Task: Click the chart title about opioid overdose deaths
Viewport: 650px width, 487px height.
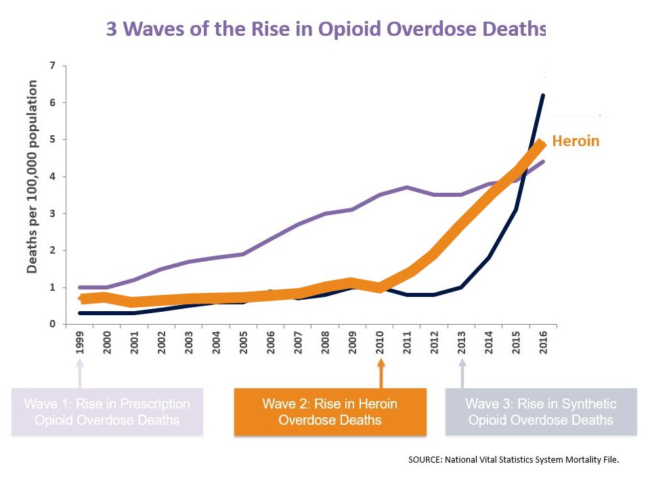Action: tap(326, 30)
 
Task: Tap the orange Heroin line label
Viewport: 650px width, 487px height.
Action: tap(576, 141)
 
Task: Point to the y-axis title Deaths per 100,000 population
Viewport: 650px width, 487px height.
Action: tap(32, 177)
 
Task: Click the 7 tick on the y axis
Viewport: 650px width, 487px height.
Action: tap(52, 66)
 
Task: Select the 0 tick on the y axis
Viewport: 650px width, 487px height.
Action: tap(52, 324)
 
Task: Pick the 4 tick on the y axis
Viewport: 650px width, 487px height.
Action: tap(52, 177)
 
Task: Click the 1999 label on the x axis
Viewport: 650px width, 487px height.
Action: tap(81, 343)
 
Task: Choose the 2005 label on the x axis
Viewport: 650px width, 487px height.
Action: tap(244, 343)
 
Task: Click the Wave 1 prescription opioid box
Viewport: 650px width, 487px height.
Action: tap(107, 412)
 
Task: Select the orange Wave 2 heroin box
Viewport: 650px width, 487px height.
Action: tap(330, 412)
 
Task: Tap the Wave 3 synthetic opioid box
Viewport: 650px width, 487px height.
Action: tap(541, 412)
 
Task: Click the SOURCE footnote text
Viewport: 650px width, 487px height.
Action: tap(514, 459)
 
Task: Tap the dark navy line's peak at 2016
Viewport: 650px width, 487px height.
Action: tap(543, 95)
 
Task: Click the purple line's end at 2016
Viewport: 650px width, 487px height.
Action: tap(543, 162)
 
